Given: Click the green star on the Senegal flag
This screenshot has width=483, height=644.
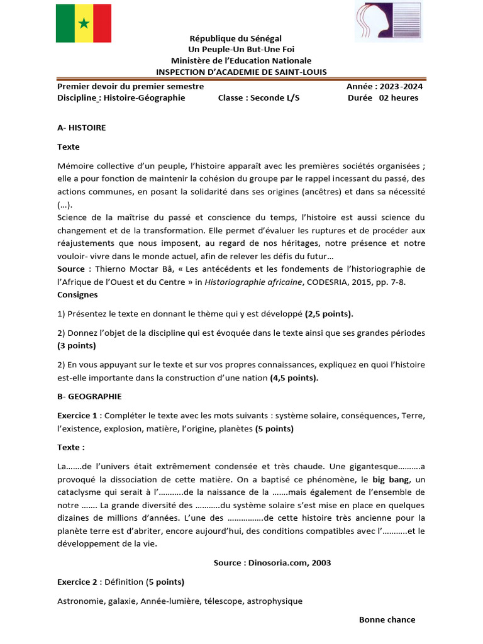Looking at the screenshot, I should [x=83, y=24].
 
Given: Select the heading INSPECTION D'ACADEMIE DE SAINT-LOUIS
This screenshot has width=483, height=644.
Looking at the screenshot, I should [x=241, y=72].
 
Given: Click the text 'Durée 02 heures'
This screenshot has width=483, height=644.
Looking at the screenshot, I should [x=382, y=97].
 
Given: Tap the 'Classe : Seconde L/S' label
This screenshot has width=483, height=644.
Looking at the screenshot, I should [x=258, y=97].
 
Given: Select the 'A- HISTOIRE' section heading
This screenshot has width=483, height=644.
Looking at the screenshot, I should [x=81, y=128].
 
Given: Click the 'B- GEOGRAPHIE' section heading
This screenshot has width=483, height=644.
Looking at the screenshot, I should [x=89, y=396].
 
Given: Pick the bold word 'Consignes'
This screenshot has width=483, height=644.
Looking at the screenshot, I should [x=77, y=294].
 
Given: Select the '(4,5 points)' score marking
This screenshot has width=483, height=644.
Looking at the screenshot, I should [x=294, y=378].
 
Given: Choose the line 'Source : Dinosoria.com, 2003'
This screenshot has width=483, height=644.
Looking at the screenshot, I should [x=272, y=563].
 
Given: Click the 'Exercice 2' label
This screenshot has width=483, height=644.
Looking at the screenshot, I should [x=78, y=582].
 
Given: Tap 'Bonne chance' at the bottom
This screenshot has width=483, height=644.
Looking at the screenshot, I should [x=387, y=619].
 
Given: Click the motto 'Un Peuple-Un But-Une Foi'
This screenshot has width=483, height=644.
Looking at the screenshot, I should [x=241, y=50].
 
